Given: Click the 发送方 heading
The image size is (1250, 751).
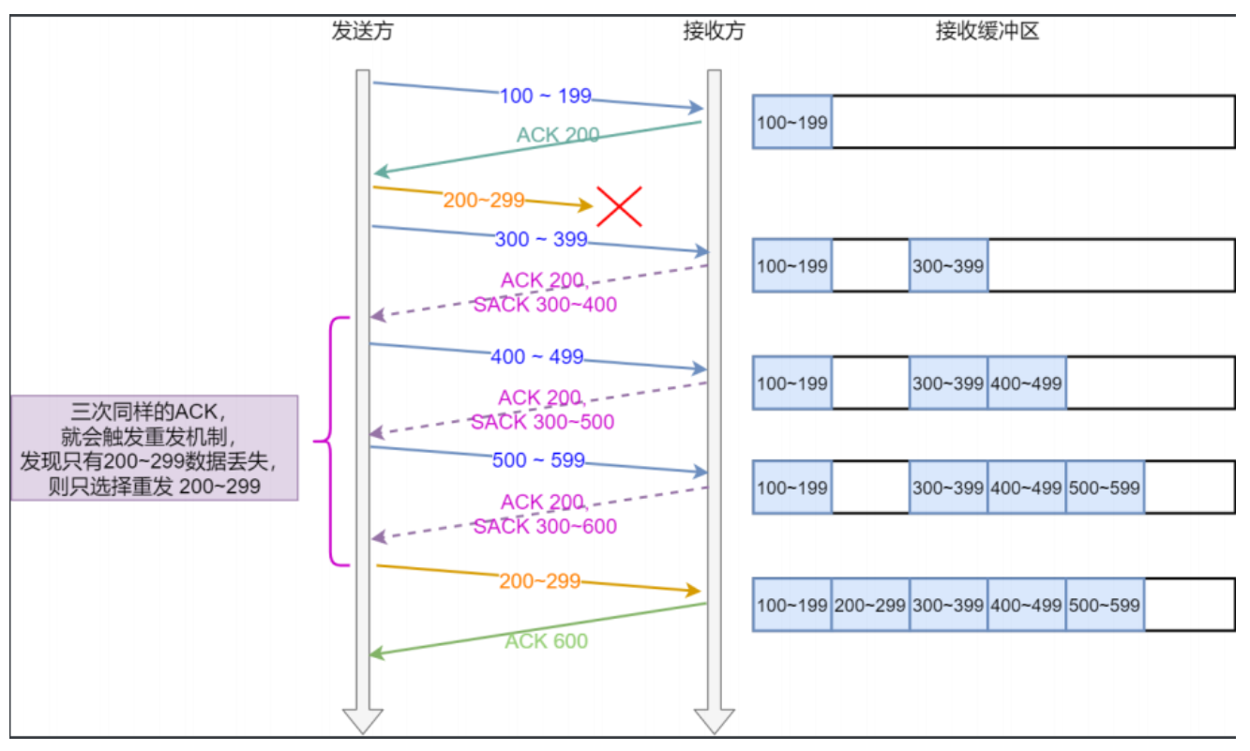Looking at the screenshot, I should (362, 31).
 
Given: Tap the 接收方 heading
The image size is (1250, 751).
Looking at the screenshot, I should (714, 31).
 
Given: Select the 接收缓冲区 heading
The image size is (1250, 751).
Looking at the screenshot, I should (986, 31).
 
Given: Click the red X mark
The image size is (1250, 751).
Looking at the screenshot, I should (619, 206).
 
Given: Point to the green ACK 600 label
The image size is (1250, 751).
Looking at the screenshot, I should (546, 641).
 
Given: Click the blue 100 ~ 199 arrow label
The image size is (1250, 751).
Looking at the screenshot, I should (545, 96).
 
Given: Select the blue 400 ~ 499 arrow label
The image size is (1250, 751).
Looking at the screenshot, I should (536, 356).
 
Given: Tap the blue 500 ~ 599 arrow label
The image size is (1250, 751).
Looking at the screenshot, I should (538, 460).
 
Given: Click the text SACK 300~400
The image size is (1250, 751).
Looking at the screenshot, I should (545, 305).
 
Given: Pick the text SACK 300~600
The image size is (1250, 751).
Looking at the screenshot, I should (545, 527).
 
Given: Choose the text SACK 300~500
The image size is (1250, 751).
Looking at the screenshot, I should (542, 422).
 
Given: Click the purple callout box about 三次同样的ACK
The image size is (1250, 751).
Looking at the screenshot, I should (155, 447).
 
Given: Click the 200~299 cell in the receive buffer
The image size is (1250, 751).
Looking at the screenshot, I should (869, 605).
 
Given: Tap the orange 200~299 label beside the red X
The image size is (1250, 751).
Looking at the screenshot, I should (484, 200).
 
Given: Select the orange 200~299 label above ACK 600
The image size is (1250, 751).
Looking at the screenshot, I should (539, 581).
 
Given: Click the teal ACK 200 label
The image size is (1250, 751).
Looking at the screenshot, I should (558, 135).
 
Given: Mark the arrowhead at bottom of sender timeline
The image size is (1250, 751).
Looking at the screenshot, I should (362, 721).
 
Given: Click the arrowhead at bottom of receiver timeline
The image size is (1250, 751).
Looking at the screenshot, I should (714, 721).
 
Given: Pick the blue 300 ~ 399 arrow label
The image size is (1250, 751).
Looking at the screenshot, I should (540, 239).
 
